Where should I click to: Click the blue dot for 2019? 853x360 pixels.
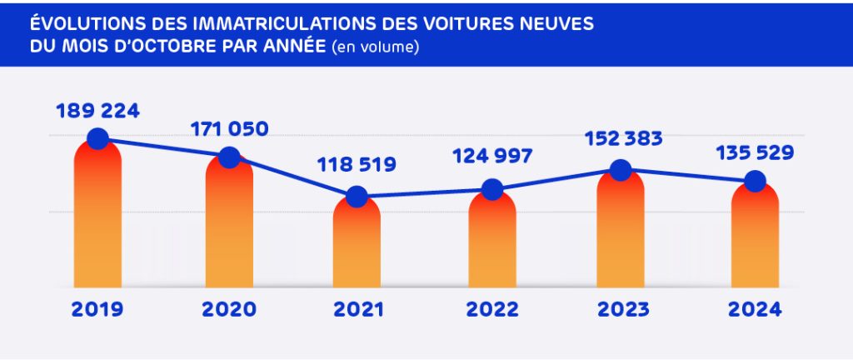[x=97, y=138]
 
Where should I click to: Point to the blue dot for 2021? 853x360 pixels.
[x=357, y=197]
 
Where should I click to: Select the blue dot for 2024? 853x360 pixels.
[x=755, y=181]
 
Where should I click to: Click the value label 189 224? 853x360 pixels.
[x=97, y=111]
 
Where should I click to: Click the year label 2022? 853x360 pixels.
[x=492, y=309]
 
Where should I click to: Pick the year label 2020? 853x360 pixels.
[x=229, y=309]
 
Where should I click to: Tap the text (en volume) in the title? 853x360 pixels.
[x=375, y=47]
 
